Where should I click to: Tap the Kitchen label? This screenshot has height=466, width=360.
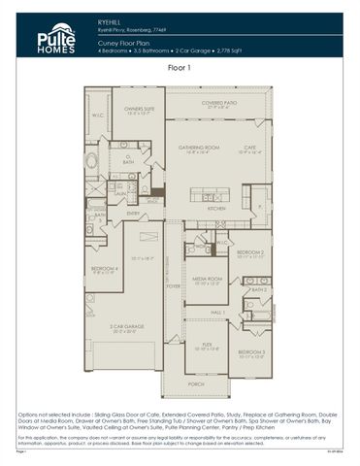[216, 208]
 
